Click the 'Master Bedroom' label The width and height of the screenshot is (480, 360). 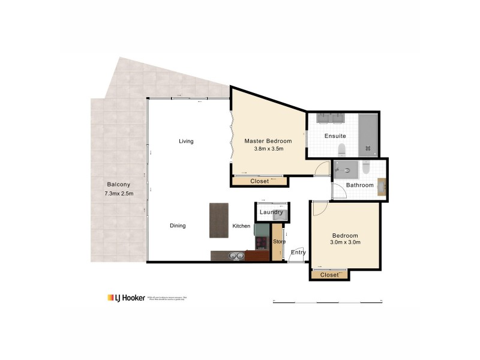(x=268, y=141)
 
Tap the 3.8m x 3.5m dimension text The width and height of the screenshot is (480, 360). (x=268, y=149)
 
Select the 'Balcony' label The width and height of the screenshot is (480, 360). (x=118, y=184)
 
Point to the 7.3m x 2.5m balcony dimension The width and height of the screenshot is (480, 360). (x=118, y=193)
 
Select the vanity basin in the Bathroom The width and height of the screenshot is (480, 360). (x=382, y=184)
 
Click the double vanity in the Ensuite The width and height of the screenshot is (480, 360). (x=329, y=118)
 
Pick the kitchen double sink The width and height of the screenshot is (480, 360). (x=235, y=256)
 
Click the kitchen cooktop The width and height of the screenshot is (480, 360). (x=262, y=243)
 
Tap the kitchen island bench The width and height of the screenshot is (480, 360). (x=219, y=220)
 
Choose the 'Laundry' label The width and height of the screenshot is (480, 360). (x=272, y=212)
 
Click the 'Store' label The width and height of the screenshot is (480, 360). (x=279, y=242)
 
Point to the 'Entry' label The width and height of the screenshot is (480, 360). (x=298, y=253)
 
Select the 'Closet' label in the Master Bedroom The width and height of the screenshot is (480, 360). (x=259, y=180)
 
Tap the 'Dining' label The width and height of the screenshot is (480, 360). (x=178, y=226)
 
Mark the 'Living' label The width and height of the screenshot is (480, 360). (x=186, y=141)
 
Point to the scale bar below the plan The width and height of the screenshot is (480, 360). (x=327, y=301)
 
